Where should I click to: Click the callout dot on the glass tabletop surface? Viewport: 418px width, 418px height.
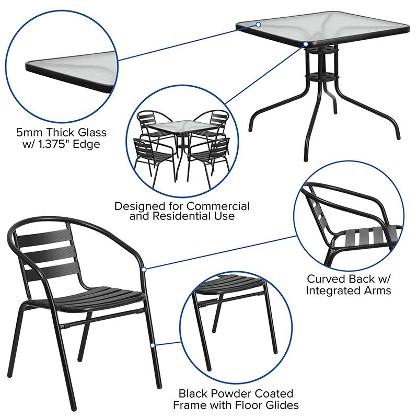coord(259,24)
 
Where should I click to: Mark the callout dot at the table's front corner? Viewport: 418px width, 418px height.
coord(306,44)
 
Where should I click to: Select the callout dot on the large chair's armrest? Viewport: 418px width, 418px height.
coord(145,269)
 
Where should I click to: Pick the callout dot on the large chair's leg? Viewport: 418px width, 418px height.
coord(152,345)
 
